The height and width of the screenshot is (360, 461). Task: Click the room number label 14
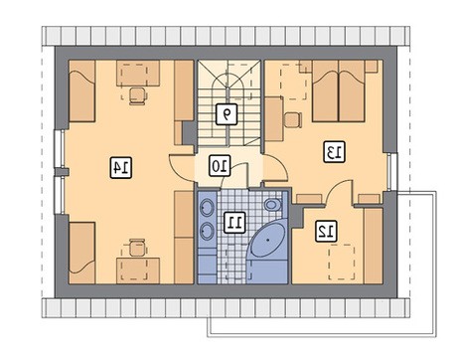click(x=120, y=167)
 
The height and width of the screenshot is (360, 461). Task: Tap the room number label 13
click(x=335, y=152)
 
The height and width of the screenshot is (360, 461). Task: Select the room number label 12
click(x=326, y=231)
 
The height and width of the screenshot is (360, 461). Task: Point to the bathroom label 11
click(x=234, y=222)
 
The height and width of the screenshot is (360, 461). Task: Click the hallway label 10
click(x=220, y=165)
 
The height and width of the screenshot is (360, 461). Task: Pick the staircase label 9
click(x=227, y=114)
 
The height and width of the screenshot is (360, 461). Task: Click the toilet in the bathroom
click(x=272, y=205)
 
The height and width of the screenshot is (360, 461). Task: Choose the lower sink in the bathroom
click(x=208, y=231)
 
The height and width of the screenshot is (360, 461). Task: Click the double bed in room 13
click(x=339, y=91)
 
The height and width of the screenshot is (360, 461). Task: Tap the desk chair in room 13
click(x=293, y=119)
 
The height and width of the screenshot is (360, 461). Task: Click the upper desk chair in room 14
click(x=138, y=95)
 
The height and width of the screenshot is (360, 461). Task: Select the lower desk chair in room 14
click(x=138, y=248)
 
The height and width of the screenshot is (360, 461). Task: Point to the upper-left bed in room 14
click(x=82, y=91)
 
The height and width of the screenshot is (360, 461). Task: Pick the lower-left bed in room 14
click(x=82, y=253)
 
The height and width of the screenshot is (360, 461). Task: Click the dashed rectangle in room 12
click(x=342, y=263)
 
